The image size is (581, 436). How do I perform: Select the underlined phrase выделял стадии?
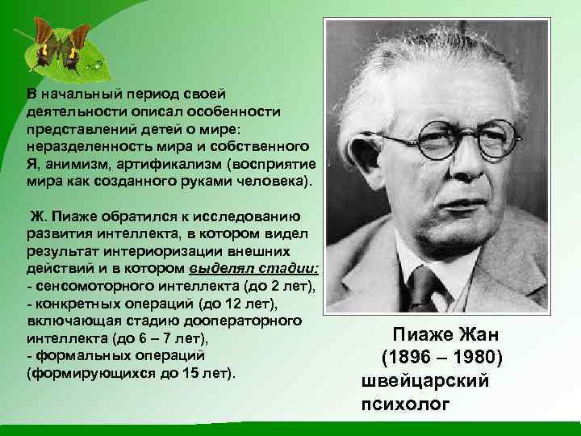(255, 267)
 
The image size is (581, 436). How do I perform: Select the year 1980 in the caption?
(476, 356)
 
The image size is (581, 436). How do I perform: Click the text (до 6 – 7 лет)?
(153, 338)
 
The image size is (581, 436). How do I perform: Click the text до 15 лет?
(201, 374)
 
